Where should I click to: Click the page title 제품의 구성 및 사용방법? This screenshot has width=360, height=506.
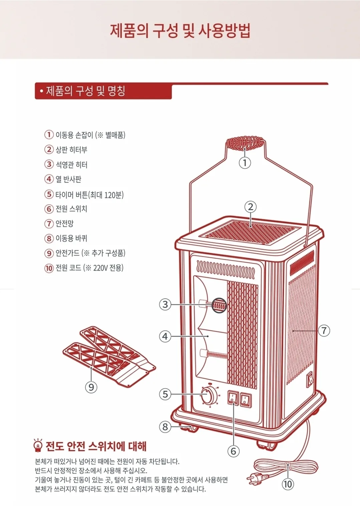pyautogui.click(x=180, y=31)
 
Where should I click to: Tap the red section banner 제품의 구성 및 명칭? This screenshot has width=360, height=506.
pyautogui.click(x=103, y=91)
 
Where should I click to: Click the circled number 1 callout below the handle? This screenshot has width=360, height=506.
pyautogui.click(x=245, y=163)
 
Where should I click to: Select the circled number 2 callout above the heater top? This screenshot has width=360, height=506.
pyautogui.click(x=251, y=207)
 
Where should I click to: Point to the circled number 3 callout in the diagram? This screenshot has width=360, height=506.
pyautogui.click(x=165, y=304)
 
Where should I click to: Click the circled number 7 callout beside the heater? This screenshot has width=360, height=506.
pyautogui.click(x=324, y=331)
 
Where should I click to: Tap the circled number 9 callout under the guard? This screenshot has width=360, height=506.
pyautogui.click(x=91, y=387)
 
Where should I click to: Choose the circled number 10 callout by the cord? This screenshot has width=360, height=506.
pyautogui.click(x=288, y=484)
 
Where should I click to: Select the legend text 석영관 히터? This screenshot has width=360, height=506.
pyautogui.click(x=71, y=165)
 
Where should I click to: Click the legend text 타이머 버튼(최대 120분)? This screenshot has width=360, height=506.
pyautogui.click(x=89, y=194)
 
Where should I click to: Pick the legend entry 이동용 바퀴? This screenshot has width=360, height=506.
pyautogui.click(x=71, y=238)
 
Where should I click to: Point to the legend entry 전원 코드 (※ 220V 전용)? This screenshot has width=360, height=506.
pyautogui.click(x=89, y=268)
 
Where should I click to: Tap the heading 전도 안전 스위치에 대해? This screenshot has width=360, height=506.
pyautogui.click(x=96, y=446)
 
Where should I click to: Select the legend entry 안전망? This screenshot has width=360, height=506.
pyautogui.click(x=64, y=224)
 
